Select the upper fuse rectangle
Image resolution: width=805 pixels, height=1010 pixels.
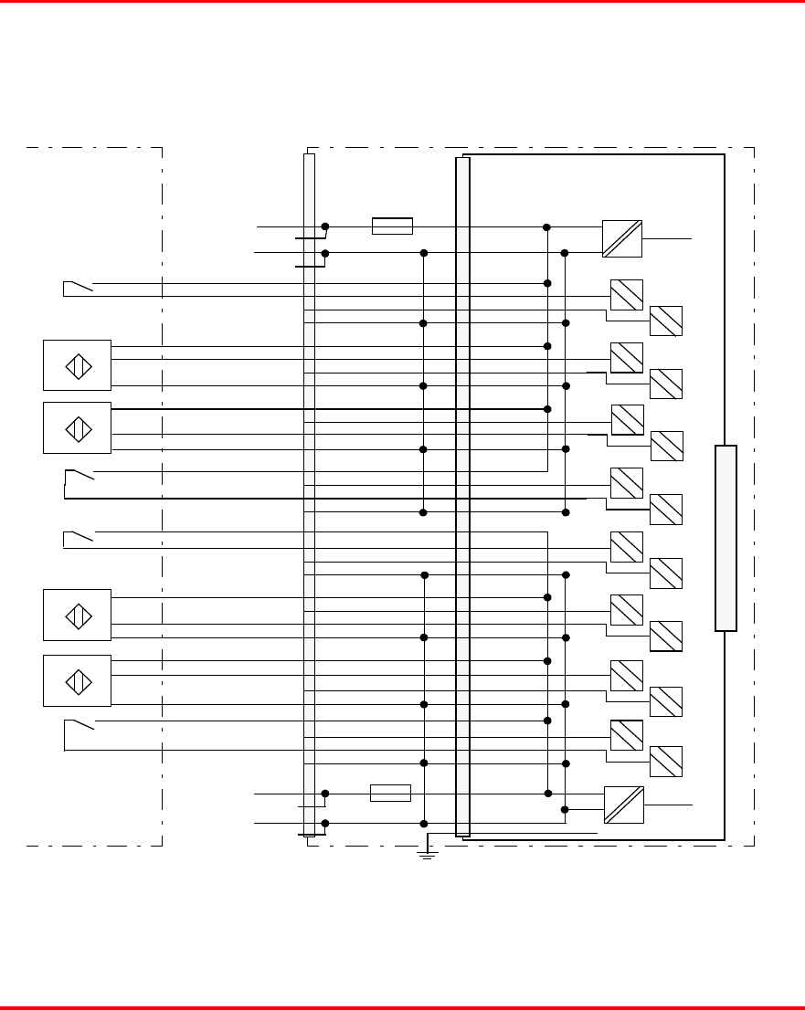tap(392, 226)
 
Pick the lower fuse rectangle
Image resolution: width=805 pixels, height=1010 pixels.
tap(390, 793)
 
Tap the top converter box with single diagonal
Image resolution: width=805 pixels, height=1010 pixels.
tap(622, 238)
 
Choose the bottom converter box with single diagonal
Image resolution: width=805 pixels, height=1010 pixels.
tap(623, 805)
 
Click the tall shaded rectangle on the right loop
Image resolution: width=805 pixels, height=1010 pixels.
tap(726, 538)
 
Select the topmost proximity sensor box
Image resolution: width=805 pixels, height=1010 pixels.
tap(77, 365)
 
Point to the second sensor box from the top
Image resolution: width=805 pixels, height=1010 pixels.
tap(77, 427)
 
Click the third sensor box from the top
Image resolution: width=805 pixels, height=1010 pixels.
tap(77, 615)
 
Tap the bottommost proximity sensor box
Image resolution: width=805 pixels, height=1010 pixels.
tap(77, 680)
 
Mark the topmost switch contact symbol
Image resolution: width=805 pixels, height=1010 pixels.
tap(79, 288)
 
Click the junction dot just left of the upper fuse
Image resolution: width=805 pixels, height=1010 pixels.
tap(325, 226)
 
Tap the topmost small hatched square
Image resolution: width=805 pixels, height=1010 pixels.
tap(627, 295)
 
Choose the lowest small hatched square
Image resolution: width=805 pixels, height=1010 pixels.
tap(666, 762)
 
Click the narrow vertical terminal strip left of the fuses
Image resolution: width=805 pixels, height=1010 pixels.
tap(309, 493)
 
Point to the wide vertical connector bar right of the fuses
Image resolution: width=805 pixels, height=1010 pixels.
tap(462, 496)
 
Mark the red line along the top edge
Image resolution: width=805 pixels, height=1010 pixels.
tap(402, 2)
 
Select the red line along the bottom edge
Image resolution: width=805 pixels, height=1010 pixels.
tap(402, 1007)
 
